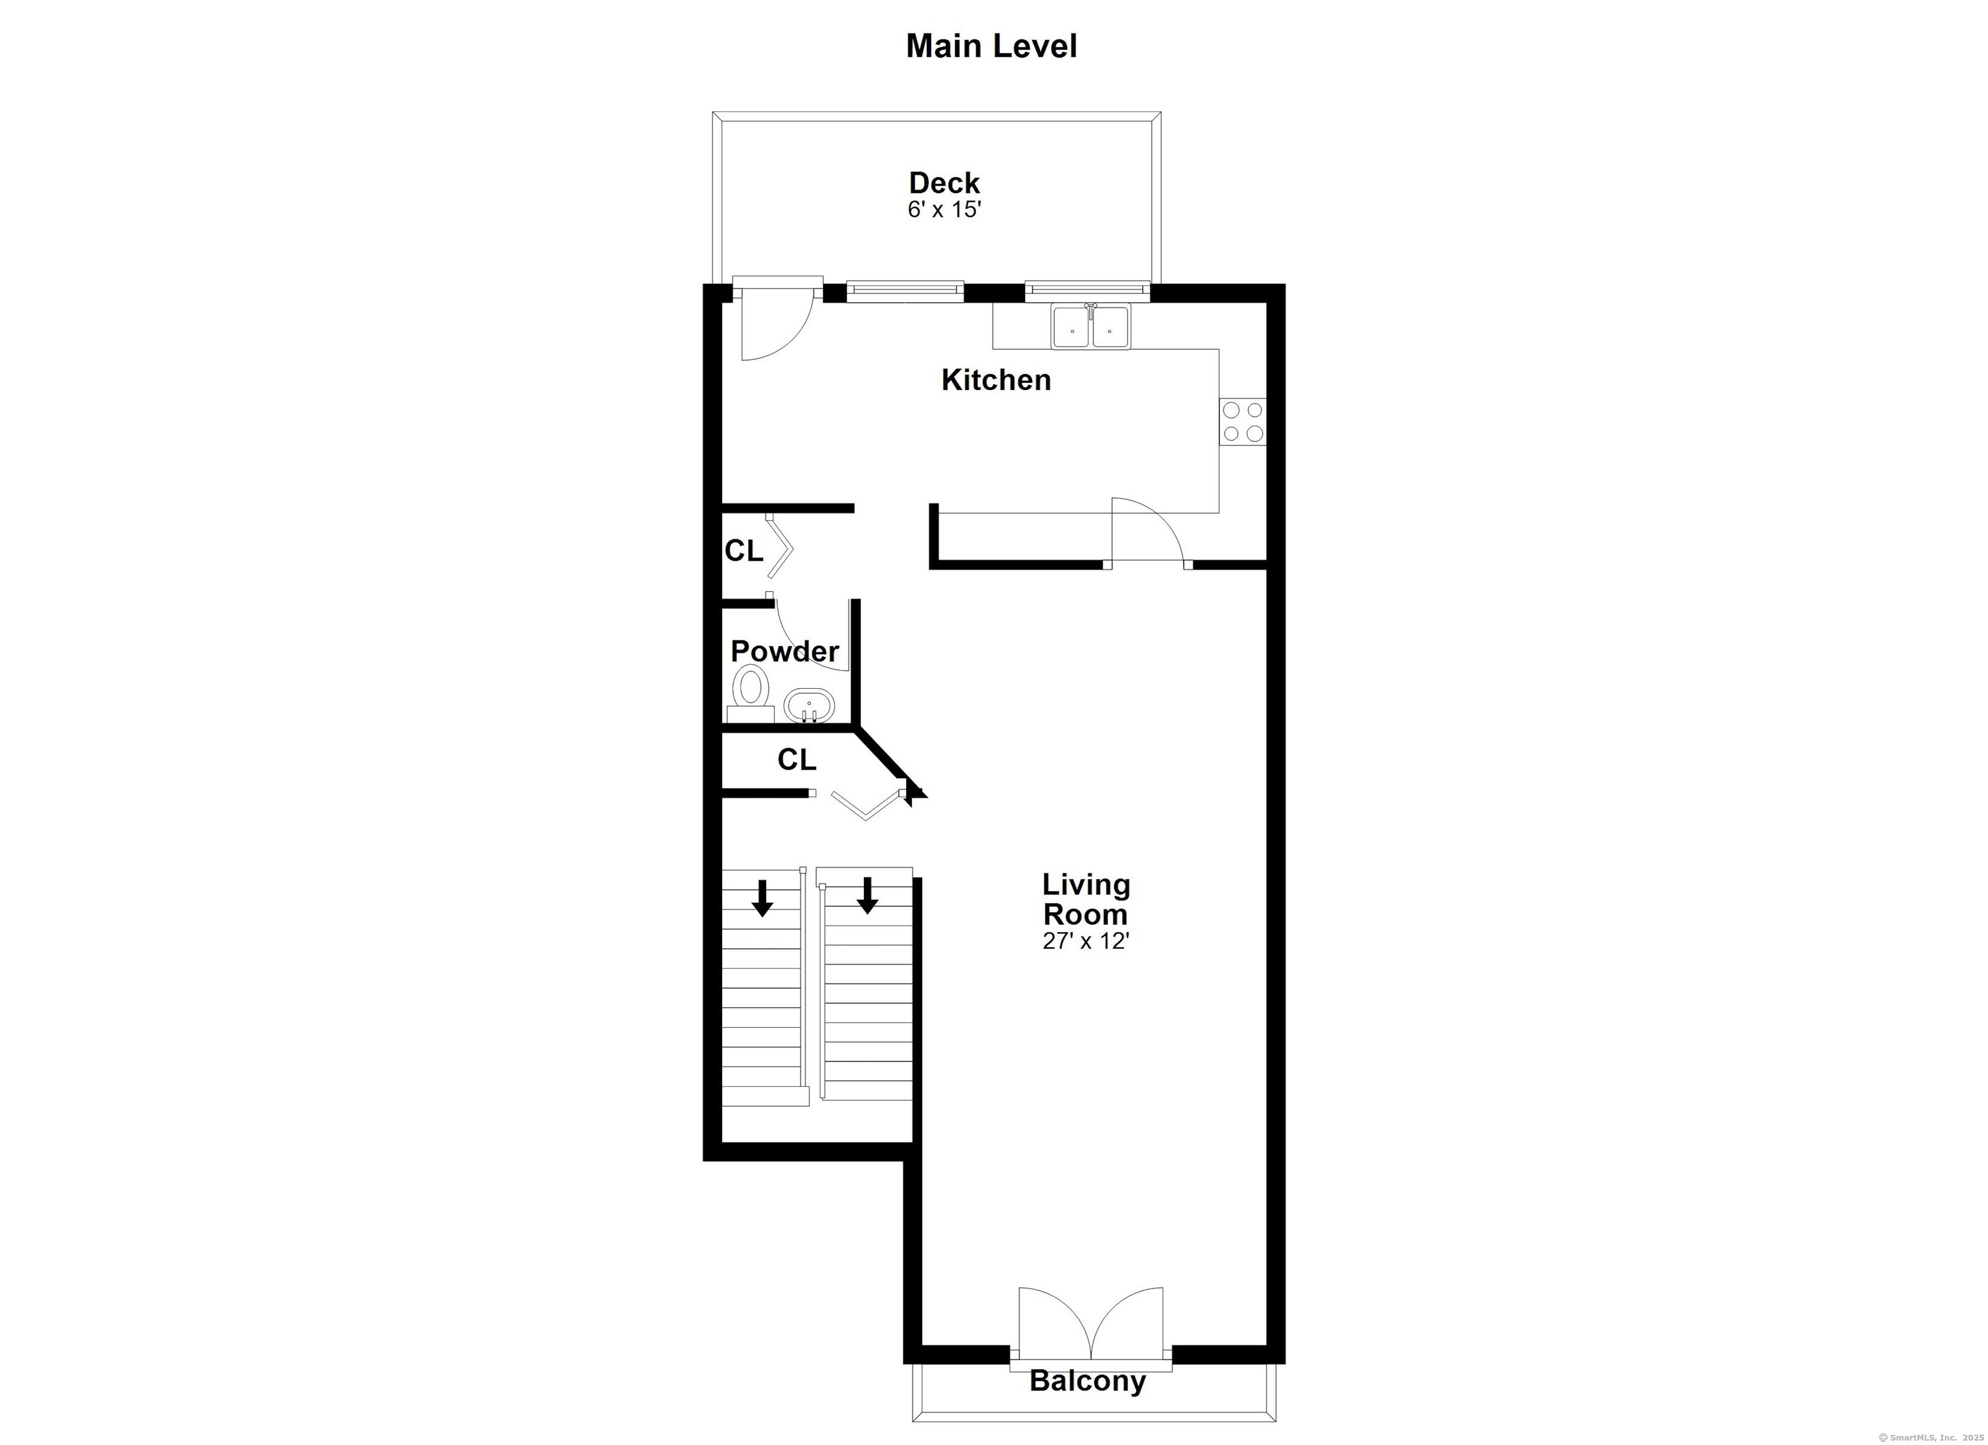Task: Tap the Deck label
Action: (944, 182)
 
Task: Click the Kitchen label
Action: (996, 380)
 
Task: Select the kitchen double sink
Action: (1091, 326)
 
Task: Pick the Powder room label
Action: (784, 651)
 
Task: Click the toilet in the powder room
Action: (750, 693)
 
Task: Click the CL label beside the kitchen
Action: (744, 550)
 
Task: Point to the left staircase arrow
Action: (762, 897)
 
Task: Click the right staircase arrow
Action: (868, 895)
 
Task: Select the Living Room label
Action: (1086, 899)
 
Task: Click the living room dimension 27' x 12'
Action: (1086, 942)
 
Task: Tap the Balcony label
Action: (1088, 1381)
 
